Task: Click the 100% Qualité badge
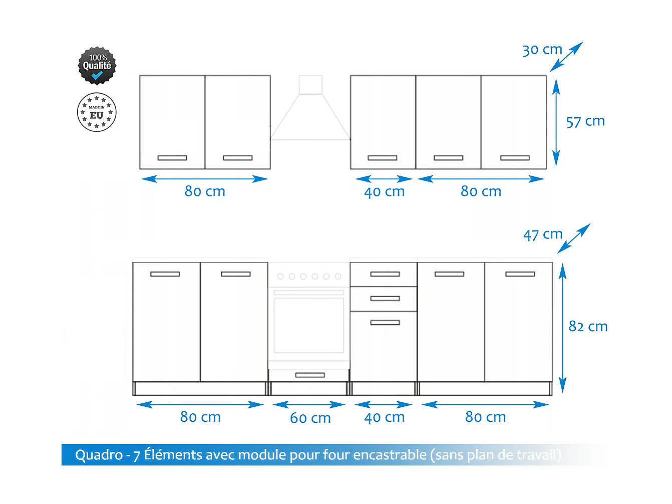tap(97, 66)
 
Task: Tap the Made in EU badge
tap(97, 112)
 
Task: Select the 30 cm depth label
tap(542, 50)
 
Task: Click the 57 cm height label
tap(585, 122)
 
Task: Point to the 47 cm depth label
tap(543, 234)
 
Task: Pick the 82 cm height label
tap(588, 327)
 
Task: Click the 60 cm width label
tap(310, 418)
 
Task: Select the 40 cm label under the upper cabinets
tap(384, 192)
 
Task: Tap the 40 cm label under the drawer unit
tap(384, 417)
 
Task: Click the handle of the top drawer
tap(385, 274)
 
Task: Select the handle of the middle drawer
tap(385, 299)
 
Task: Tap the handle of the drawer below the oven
tap(310, 375)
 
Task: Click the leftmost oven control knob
tap(280, 277)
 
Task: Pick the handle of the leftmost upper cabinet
tap(172, 158)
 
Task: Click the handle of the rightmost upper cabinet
tap(515, 158)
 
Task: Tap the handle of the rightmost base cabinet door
tap(520, 274)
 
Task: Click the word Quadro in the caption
tap(98, 455)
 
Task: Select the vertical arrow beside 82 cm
tap(562, 328)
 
